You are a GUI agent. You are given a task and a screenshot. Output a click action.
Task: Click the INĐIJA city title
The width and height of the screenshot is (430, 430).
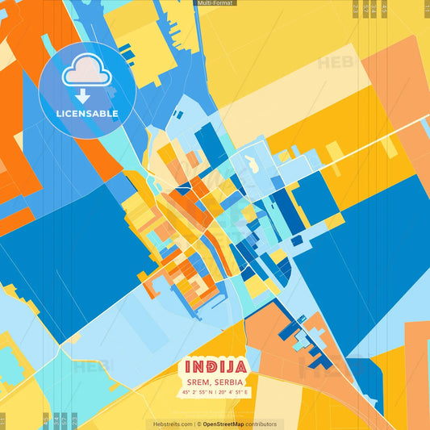tap(214, 367)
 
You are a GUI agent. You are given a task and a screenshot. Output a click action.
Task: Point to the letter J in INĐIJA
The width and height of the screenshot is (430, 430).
tap(232, 367)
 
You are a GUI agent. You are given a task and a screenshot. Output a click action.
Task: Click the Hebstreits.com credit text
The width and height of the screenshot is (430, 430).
tap(170, 424)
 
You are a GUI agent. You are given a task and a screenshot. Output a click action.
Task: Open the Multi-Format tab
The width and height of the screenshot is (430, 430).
tap(215, 3)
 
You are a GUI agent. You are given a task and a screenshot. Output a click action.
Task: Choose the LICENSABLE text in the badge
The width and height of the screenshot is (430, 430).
tap(87, 114)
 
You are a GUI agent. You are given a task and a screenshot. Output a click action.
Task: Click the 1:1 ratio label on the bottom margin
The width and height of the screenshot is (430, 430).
tap(2, 420)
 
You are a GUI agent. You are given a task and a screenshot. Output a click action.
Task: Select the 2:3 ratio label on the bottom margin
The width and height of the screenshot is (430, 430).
tap(75, 420)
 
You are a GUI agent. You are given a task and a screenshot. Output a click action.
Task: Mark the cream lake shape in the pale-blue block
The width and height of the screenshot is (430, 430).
tap(252, 165)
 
